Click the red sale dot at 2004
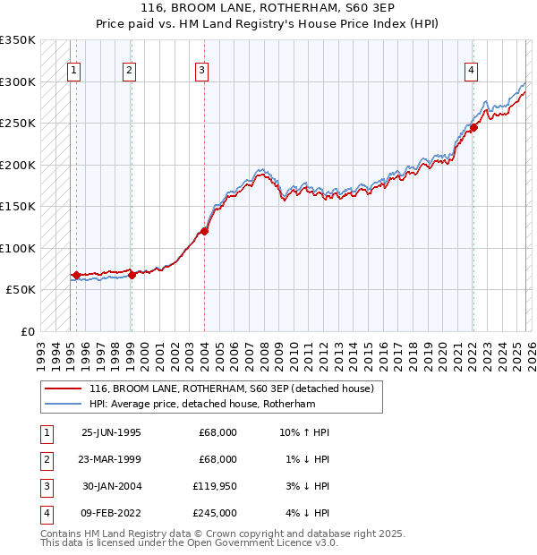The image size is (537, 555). click(204, 231)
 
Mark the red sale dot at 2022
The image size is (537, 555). click(473, 127)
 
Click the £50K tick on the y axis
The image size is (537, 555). click(21, 290)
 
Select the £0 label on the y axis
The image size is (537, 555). click(28, 331)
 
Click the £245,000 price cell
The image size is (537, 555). click(214, 513)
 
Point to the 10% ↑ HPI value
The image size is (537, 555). click(304, 432)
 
